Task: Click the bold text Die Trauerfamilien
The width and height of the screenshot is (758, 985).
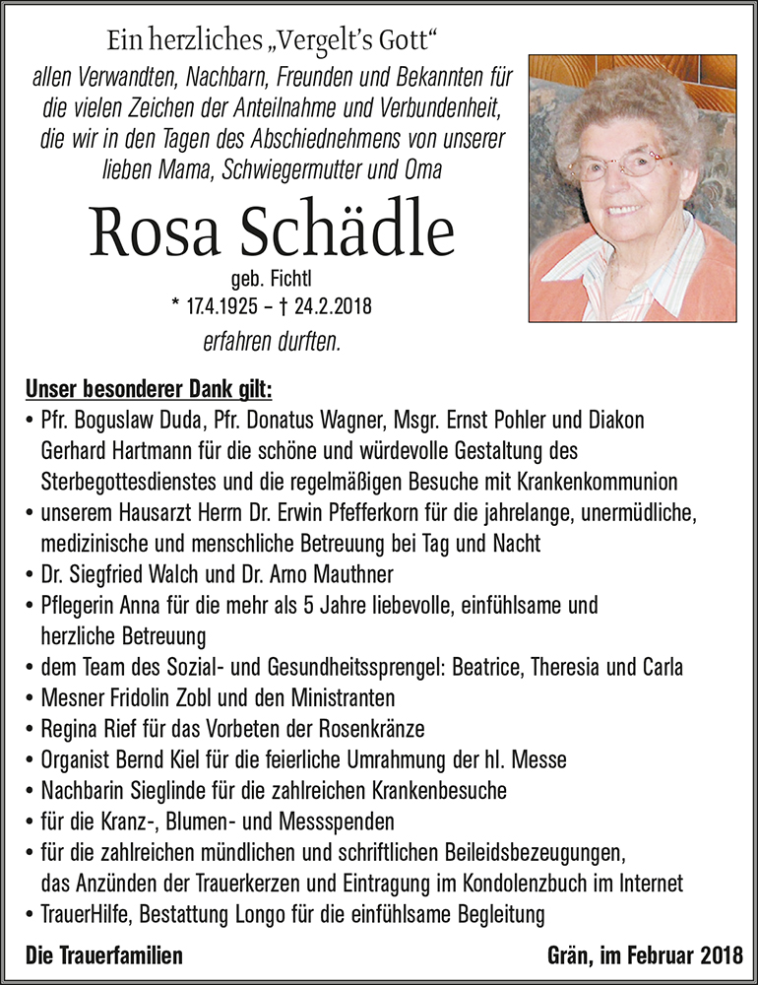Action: coord(104,955)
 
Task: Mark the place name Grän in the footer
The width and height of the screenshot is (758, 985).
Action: coord(567,955)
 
